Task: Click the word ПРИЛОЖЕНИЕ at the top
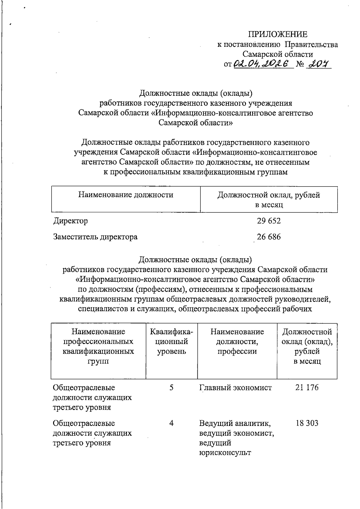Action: click(277, 34)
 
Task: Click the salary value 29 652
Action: click(269, 221)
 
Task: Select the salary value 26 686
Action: click(269, 237)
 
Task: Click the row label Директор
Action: click(70, 221)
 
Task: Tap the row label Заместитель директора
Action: click(95, 237)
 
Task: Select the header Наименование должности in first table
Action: click(126, 195)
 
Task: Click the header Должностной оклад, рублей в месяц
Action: click(269, 199)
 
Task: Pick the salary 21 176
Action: click(307, 388)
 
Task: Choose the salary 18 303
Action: click(307, 423)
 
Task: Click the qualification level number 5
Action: click(171, 388)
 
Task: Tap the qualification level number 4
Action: click(171, 423)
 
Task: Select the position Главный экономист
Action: click(235, 388)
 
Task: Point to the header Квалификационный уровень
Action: click(172, 341)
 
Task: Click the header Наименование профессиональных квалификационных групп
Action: click(98, 346)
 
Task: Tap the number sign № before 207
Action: click(300, 64)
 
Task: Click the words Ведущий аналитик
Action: click(235, 423)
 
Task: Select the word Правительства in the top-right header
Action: click(311, 45)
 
